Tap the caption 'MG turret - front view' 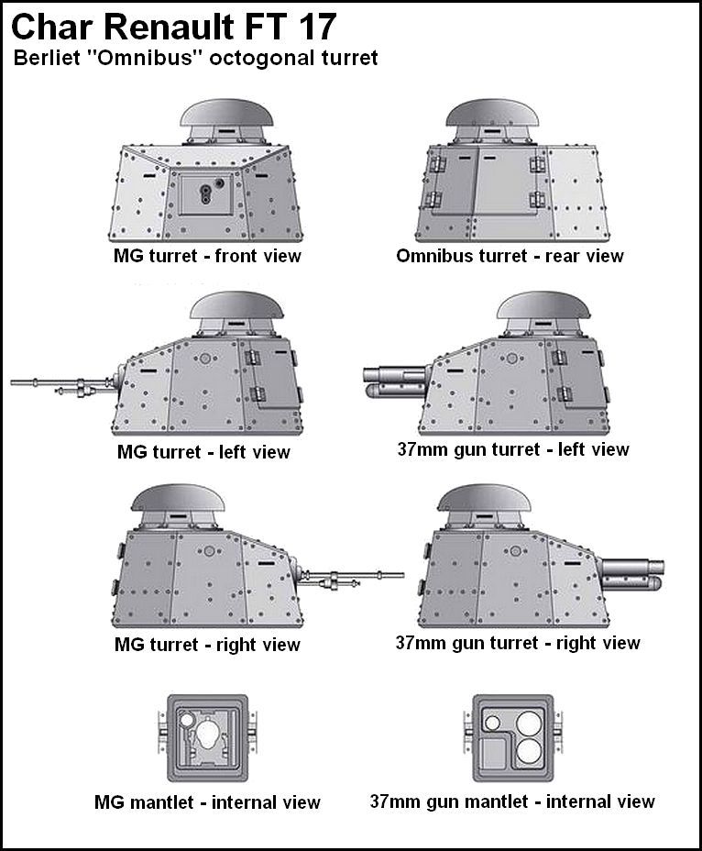coord(202,256)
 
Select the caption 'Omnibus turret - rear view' coord(510,256)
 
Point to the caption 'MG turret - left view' coord(203,451)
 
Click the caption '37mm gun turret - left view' coord(513,449)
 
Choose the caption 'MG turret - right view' coord(207,645)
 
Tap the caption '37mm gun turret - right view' coord(518,643)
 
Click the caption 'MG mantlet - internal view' coord(207,802)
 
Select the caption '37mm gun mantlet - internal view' coord(512,801)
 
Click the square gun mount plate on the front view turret coord(206,193)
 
